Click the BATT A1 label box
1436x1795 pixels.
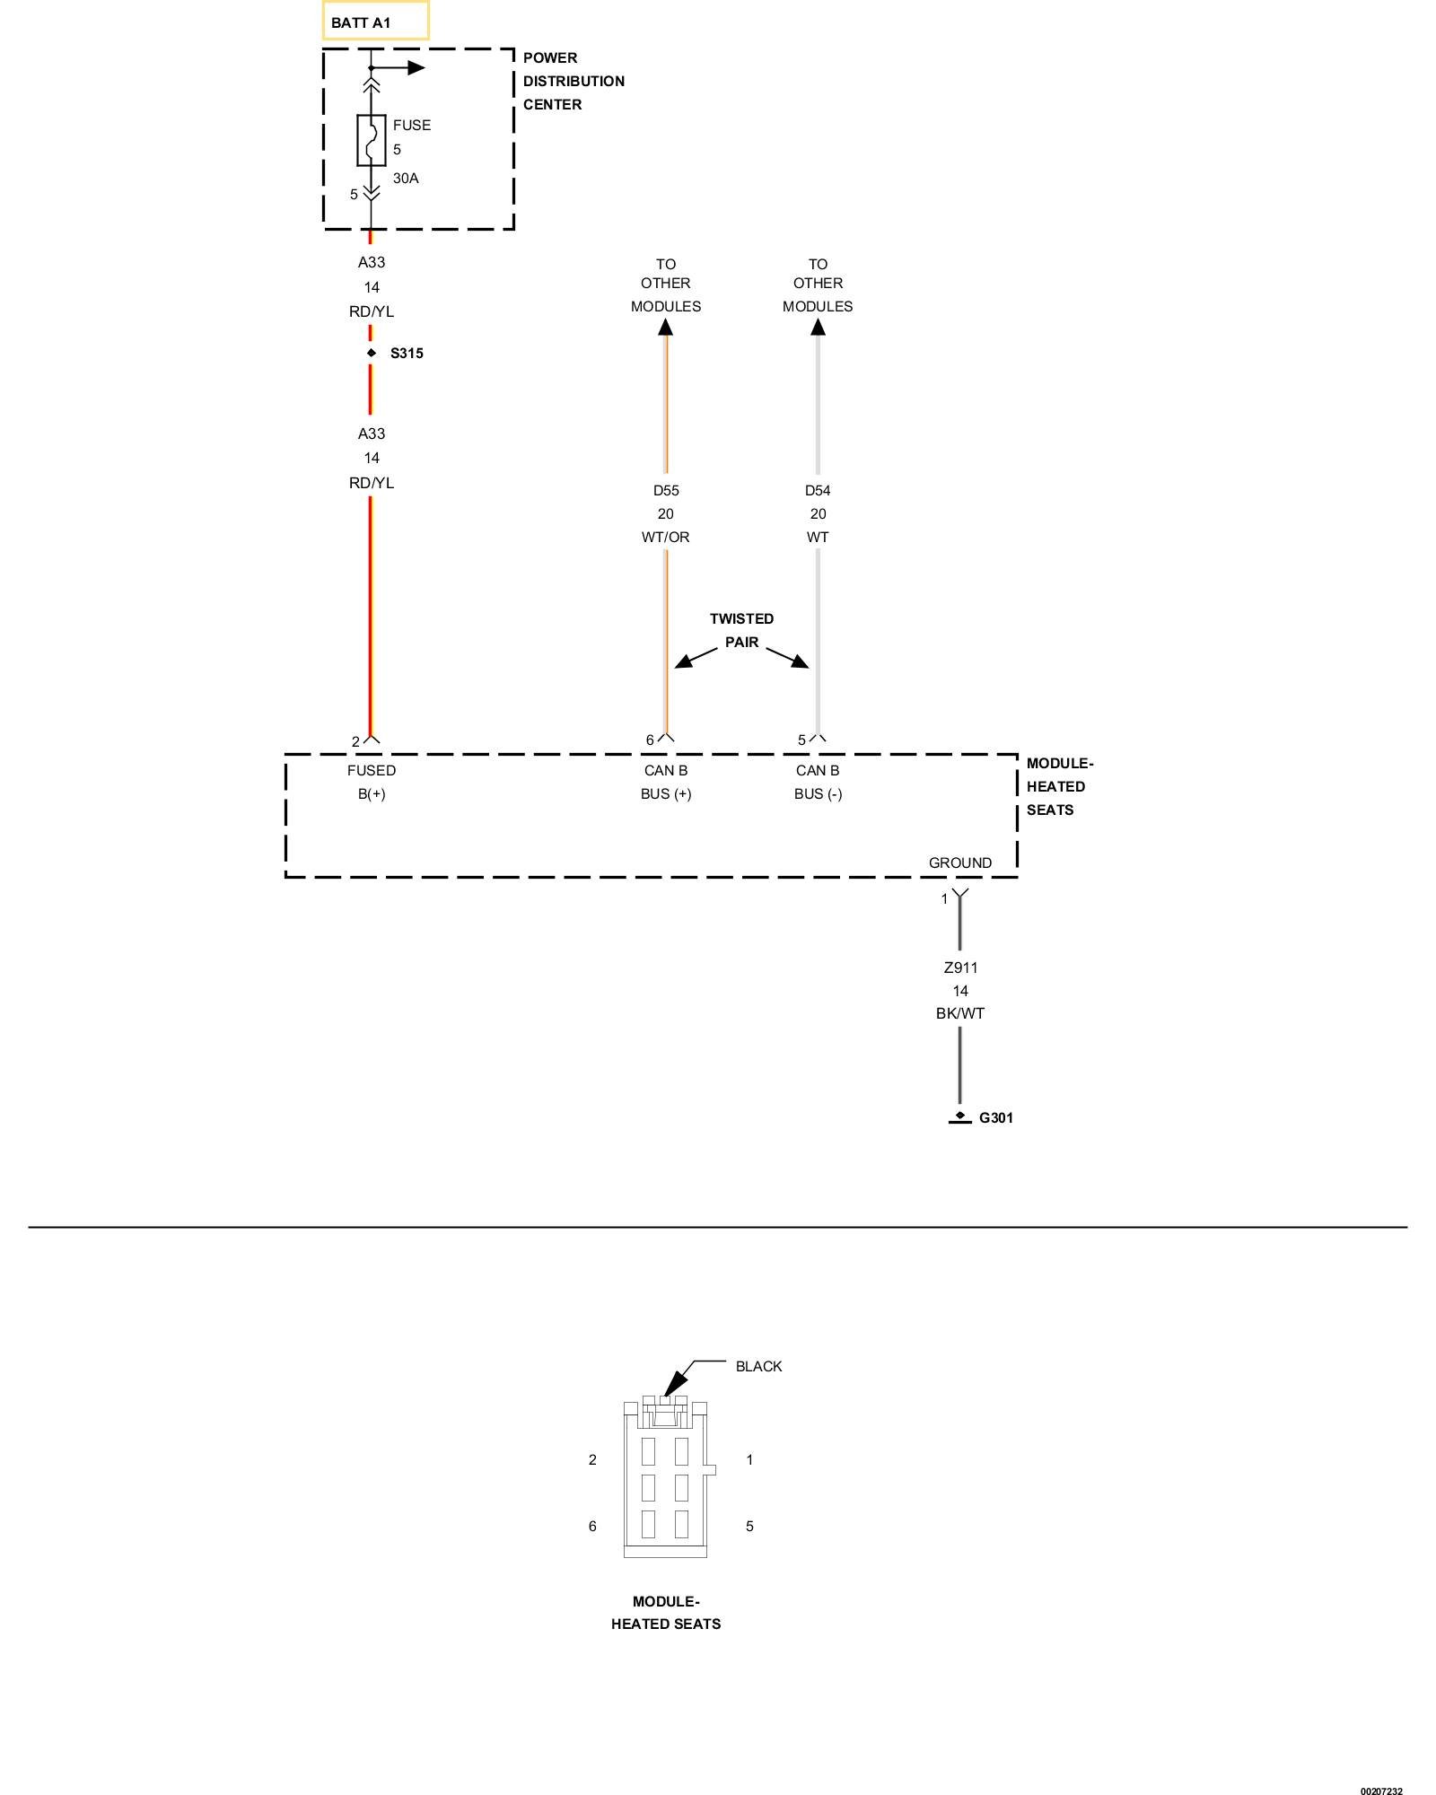[x=375, y=22]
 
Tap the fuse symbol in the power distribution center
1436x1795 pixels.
[x=371, y=141]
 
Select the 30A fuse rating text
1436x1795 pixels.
[x=406, y=179]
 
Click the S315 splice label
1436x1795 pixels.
[x=407, y=354]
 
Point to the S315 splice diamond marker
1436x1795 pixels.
[x=371, y=354]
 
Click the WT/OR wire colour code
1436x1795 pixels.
[x=665, y=538]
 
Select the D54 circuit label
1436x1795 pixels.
[x=818, y=491]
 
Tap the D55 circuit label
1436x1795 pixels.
[x=665, y=491]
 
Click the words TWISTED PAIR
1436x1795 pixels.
[x=741, y=631]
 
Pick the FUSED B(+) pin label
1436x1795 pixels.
[x=372, y=782]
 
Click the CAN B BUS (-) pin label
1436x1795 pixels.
[x=818, y=782]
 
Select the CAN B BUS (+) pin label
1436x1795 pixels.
[x=665, y=782]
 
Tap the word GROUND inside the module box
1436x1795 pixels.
[x=960, y=863]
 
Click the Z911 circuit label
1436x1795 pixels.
[x=960, y=968]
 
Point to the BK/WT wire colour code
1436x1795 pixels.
[x=960, y=1014]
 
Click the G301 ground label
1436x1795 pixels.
[x=995, y=1118]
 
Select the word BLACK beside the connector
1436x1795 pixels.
[x=758, y=1367]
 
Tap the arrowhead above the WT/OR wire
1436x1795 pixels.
[x=665, y=327]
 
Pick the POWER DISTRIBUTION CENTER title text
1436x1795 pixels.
[x=574, y=81]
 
